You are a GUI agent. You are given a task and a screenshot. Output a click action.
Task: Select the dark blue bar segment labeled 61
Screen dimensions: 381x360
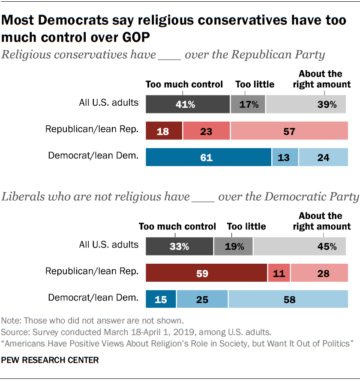(x=209, y=157)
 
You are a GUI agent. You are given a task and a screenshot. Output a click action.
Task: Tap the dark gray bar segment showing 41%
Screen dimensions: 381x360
(x=188, y=104)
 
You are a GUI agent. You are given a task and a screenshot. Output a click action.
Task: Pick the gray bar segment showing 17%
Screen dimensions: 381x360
(x=248, y=104)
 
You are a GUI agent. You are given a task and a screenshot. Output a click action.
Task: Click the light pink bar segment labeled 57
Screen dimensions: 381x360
(x=289, y=131)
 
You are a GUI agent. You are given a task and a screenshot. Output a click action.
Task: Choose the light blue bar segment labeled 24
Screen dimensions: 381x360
(x=323, y=157)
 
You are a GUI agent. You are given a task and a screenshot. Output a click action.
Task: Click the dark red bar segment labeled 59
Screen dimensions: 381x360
(x=207, y=273)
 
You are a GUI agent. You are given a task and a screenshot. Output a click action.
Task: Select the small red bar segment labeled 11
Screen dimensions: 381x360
(x=279, y=273)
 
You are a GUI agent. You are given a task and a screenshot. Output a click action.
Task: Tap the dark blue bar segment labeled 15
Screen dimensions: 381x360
(x=161, y=299)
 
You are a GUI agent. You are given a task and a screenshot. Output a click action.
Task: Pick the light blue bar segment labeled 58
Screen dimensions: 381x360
(x=288, y=299)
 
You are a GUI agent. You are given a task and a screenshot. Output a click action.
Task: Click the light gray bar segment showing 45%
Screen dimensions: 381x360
(x=300, y=247)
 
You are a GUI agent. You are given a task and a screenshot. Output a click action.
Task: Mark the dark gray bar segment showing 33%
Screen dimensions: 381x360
(x=180, y=247)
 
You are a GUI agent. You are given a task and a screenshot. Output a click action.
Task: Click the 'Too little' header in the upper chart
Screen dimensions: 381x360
(x=255, y=84)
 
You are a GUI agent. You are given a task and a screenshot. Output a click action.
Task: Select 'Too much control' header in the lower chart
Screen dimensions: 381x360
(x=177, y=226)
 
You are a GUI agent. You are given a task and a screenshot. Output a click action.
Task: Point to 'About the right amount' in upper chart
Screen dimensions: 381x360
(x=321, y=79)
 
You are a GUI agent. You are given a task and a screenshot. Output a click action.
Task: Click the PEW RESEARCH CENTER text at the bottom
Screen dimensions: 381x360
(x=50, y=360)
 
